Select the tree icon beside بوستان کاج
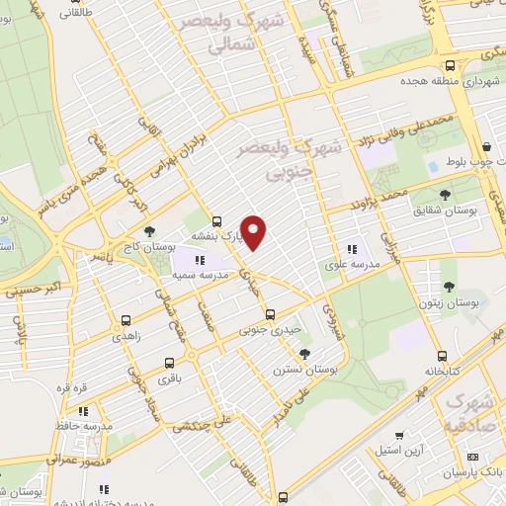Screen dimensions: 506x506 [x=149, y=232]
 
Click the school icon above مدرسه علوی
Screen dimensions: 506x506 [x=350, y=250]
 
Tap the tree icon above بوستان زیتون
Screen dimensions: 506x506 [x=449, y=287]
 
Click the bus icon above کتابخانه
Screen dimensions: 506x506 [x=442, y=357]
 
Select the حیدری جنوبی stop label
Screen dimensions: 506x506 [x=267, y=329]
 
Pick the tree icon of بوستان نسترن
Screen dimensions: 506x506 [x=305, y=353]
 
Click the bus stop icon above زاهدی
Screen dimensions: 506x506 [x=126, y=320]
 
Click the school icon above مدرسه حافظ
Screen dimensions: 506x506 [x=84, y=409]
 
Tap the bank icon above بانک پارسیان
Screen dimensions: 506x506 [x=472, y=457]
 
